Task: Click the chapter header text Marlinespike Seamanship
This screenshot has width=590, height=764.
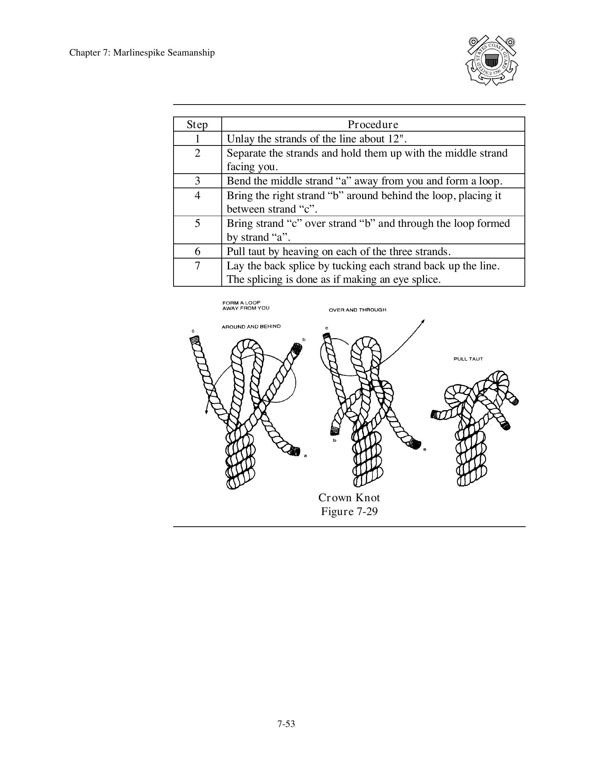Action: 142,52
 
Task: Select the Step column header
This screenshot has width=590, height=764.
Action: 197,125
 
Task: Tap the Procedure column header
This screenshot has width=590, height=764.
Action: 373,125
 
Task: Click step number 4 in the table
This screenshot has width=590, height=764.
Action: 197,196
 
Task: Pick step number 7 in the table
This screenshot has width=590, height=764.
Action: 197,266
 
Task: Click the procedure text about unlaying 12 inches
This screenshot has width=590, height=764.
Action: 317,139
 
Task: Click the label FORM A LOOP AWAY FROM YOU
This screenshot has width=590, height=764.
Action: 246,305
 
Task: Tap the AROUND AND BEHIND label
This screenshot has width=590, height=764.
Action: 251,327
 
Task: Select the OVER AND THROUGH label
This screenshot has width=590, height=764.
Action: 357,310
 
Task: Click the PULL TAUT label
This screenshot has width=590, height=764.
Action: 468,359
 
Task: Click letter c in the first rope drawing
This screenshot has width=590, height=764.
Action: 193,331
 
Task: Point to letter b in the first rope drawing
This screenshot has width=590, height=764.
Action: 304,340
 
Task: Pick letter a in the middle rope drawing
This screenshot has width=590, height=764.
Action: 425,449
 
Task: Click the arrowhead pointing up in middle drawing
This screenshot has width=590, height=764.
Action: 423,321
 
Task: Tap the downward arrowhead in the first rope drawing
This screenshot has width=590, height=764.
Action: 207,412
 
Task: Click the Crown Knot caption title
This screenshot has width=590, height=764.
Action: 349,498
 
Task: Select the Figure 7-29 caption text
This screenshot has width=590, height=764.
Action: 349,512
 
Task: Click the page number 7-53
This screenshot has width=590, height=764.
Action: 286,724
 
